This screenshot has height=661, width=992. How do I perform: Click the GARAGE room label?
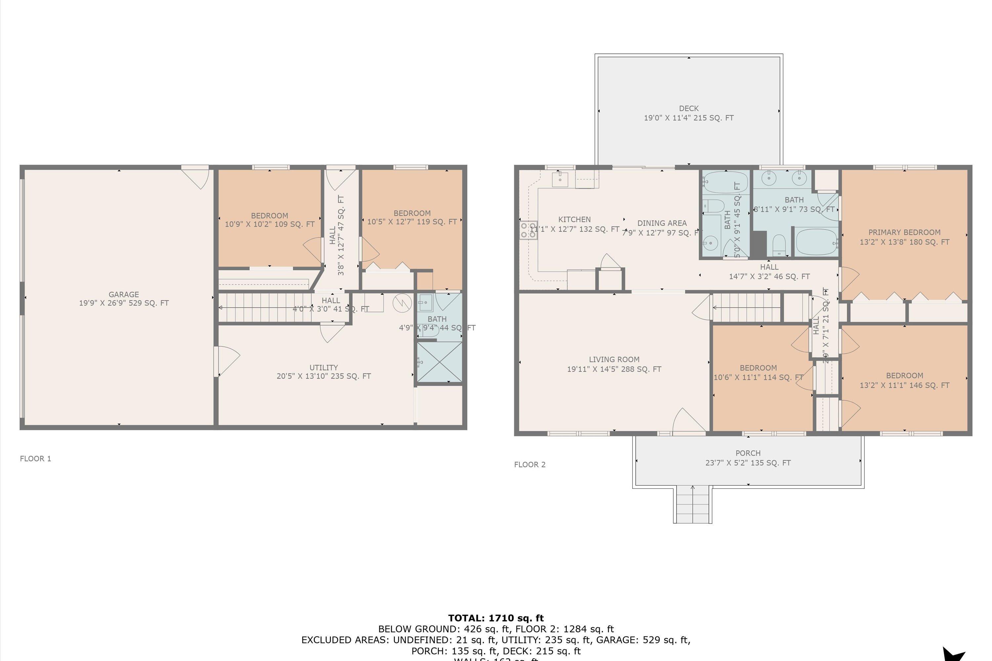124,294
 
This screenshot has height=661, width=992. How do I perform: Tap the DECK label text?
689,108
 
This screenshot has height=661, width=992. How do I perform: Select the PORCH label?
748,453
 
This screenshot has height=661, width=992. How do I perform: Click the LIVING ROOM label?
614,359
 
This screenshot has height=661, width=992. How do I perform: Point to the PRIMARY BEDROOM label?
904,232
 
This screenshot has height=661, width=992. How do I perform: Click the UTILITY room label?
323,367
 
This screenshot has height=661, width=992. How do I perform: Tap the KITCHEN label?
574,219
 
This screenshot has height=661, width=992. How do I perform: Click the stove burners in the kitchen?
528,230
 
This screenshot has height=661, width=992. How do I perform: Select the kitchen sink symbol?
560,179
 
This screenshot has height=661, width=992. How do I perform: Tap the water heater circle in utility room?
402,303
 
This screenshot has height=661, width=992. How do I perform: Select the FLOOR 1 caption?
35,459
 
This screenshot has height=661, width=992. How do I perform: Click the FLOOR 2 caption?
530,465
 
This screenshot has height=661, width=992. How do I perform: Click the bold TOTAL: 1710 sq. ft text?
496,618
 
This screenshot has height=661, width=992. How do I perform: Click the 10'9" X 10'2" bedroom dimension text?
269,224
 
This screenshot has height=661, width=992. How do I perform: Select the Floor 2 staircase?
747,307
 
